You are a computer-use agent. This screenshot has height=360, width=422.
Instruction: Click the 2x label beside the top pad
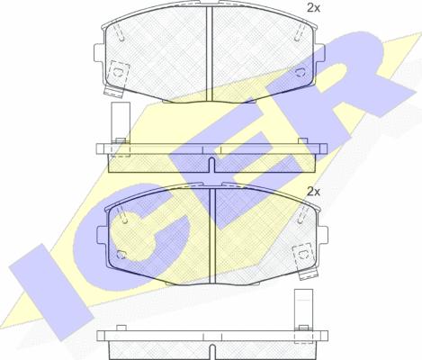pyautogui.click(x=313, y=8)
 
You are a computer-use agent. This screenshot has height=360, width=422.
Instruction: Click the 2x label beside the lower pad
pyautogui.click(x=313, y=192)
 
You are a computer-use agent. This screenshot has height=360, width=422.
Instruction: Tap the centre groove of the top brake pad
pyautogui.click(x=209, y=53)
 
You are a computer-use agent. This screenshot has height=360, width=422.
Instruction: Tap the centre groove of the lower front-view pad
pyautogui.click(x=212, y=236)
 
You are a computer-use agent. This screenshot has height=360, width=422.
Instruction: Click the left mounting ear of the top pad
pyautogui.click(x=99, y=53)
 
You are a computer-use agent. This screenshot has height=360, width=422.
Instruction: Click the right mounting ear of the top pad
pyautogui.click(x=319, y=53)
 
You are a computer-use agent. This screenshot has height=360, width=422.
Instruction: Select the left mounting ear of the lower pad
pyautogui.click(x=102, y=236)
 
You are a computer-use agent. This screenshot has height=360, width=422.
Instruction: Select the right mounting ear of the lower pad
pyautogui.click(x=323, y=236)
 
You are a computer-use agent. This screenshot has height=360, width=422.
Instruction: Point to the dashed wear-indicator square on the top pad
pyautogui.click(x=118, y=72)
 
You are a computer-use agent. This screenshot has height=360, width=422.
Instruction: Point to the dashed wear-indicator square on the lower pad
pyautogui.click(x=303, y=255)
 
